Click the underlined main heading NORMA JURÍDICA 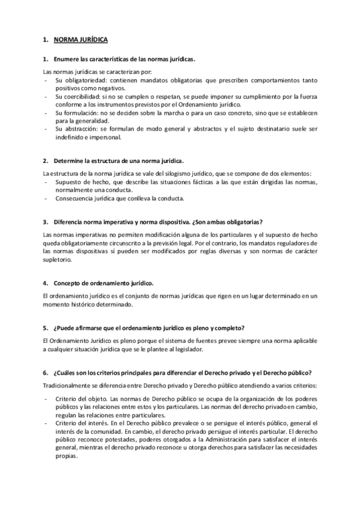(81, 40)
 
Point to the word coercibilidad (82, 96)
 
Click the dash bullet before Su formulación (46, 112)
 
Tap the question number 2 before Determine (46, 161)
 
